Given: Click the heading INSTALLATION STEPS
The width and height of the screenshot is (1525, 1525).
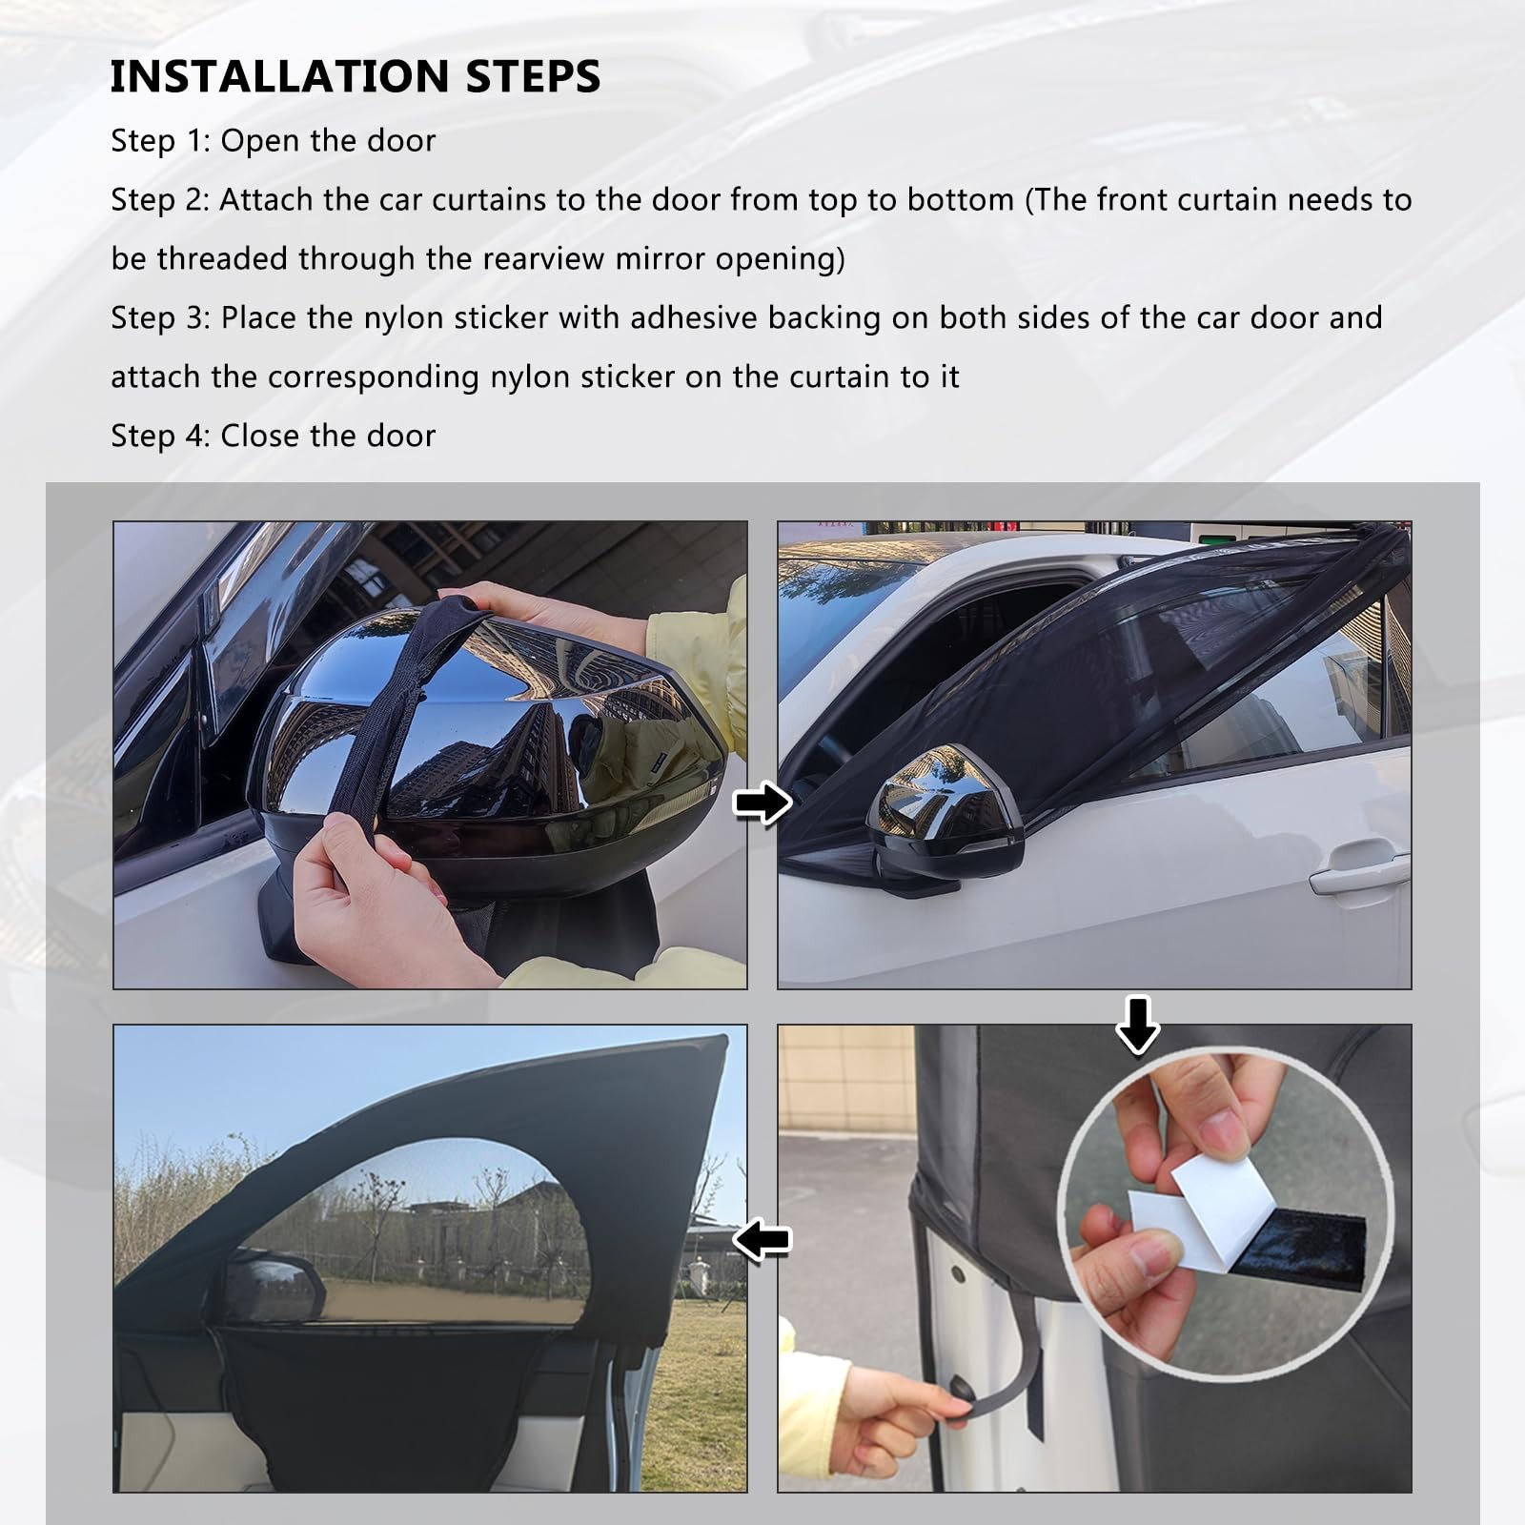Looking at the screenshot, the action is [356, 76].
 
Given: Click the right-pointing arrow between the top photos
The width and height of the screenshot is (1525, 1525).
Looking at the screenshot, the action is [762, 803].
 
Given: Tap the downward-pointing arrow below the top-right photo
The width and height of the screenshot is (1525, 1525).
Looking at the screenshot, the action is [1137, 1025].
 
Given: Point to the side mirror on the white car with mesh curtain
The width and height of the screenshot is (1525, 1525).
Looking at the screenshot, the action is [944, 820].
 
